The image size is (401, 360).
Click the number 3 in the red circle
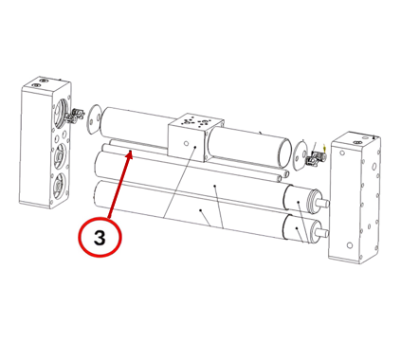(x=100, y=238)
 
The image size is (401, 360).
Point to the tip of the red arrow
(x=131, y=152)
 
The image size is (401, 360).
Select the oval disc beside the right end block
(x=300, y=155)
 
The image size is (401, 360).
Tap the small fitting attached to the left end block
(x=76, y=116)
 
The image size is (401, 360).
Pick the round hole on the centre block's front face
(x=187, y=144)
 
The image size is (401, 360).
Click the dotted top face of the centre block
(x=196, y=120)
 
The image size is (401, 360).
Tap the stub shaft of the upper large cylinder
(x=323, y=204)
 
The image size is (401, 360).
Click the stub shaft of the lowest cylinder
(x=323, y=234)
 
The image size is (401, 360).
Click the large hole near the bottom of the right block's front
(x=349, y=245)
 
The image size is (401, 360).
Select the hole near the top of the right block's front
(x=343, y=153)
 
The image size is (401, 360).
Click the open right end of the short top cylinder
(x=284, y=153)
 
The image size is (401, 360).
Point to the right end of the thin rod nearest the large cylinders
(x=279, y=179)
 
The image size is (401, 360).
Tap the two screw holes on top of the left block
(x=40, y=83)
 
